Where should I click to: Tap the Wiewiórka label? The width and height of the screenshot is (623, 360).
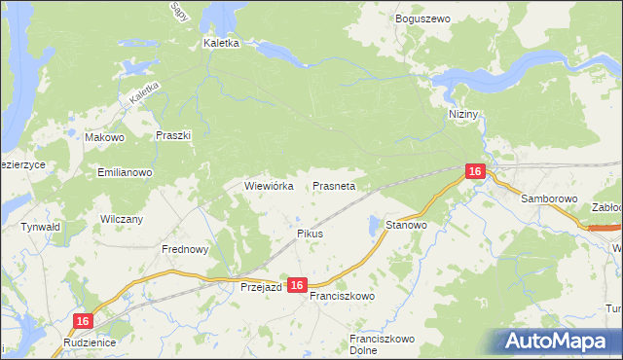pyautogui.click(x=269, y=185)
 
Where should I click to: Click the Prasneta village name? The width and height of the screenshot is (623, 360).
pyautogui.click(x=334, y=185)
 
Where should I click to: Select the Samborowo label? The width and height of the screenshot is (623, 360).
pyautogui.click(x=549, y=198)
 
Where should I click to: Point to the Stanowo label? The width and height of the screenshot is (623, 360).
pyautogui.click(x=407, y=225)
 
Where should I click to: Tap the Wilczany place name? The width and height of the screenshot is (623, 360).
pyautogui.click(x=122, y=219)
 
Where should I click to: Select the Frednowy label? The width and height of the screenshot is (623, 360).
pyautogui.click(x=185, y=249)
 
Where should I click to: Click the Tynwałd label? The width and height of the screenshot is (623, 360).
pyautogui.click(x=41, y=227)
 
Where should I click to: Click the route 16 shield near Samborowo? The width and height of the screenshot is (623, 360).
pyautogui.click(x=474, y=171)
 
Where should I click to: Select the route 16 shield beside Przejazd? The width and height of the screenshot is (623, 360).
pyautogui.click(x=298, y=285)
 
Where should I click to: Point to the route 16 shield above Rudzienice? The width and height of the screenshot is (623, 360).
pyautogui.click(x=84, y=321)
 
